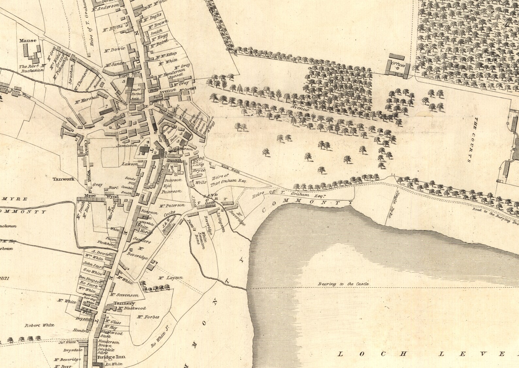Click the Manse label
click(27, 41)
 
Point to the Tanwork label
click(64, 179)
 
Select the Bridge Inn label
click(107, 357)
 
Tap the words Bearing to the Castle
click(343, 284)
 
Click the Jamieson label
click(125, 145)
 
